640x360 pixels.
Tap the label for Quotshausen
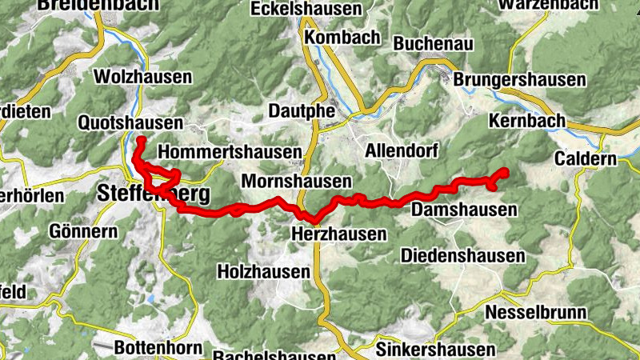pos(130,123)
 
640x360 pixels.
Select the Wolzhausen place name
pos(143,78)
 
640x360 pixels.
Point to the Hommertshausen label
pos(230,152)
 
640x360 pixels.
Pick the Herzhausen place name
pos(338,234)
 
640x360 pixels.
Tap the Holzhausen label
pos(263,272)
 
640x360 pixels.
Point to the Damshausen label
pos(463,210)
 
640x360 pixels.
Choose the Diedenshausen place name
pos(462,256)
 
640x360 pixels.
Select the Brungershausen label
pos(520,81)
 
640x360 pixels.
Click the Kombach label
pos(342,38)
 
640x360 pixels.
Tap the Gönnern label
pos(83,231)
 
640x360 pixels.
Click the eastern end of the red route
pos(506,171)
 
